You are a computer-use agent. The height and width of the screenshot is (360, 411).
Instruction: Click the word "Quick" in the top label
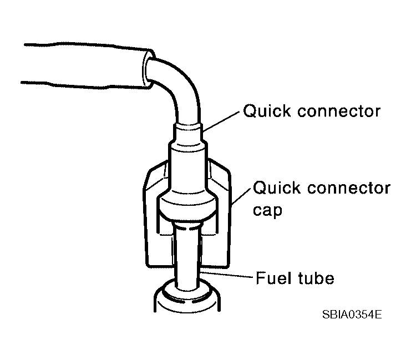[x=267, y=111]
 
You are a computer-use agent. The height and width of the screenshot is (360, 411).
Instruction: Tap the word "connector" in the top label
[x=339, y=111]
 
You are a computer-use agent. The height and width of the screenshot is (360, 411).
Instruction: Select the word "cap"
[x=267, y=211]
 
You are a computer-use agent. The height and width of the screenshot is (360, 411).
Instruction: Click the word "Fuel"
[x=273, y=278]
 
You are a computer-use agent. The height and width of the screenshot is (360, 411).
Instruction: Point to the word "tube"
[x=316, y=278]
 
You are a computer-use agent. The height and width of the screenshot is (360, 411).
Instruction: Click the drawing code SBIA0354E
[x=352, y=315]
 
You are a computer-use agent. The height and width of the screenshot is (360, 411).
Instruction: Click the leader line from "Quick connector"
[x=221, y=121]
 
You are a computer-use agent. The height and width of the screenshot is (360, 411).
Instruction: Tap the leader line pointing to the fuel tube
[x=227, y=275]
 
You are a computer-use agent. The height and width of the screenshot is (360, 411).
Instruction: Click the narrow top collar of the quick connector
[x=187, y=133]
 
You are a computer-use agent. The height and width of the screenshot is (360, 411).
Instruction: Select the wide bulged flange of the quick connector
[x=187, y=206]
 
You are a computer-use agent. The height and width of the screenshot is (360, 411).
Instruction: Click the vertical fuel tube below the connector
[x=187, y=256]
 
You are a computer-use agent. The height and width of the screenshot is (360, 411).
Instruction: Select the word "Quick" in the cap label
[x=277, y=188]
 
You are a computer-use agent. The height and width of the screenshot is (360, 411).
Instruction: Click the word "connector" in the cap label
[x=349, y=189]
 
